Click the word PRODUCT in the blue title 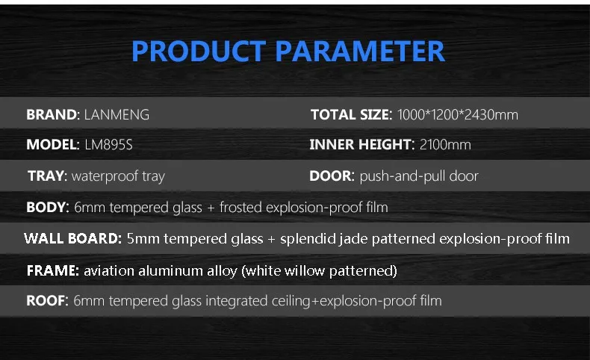(x=199, y=51)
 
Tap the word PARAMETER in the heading (x=360, y=51)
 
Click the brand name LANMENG (x=117, y=114)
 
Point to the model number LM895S (x=108, y=144)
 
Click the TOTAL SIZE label (x=352, y=114)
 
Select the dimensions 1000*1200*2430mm (x=458, y=114)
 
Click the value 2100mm (x=445, y=144)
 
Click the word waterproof (x=105, y=176)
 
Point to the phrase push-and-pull (x=403, y=176)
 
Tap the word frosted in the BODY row (x=240, y=207)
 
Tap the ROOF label (x=47, y=300)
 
